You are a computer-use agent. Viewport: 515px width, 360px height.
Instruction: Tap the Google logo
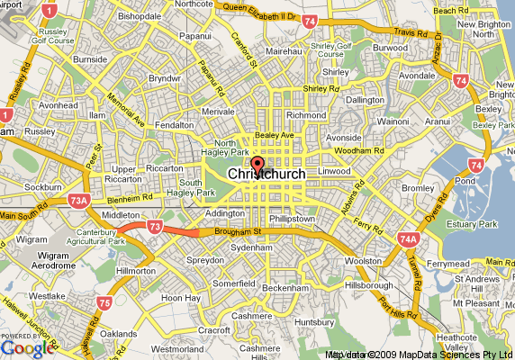[x=28, y=348]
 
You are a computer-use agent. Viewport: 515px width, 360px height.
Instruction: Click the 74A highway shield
[x=407, y=239]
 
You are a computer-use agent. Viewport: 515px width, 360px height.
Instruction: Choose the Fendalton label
[x=173, y=125]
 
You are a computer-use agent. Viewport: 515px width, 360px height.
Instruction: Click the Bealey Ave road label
[x=275, y=135]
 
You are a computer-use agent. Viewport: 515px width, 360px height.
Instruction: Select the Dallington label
[x=365, y=100]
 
